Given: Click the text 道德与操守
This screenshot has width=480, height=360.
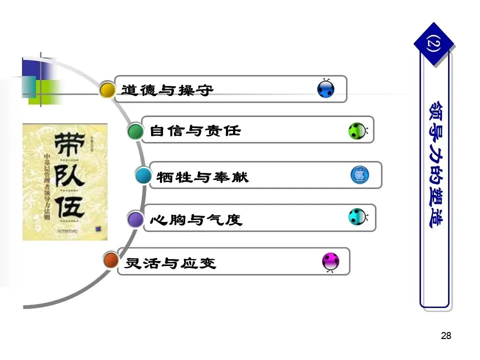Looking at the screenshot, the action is (167, 90).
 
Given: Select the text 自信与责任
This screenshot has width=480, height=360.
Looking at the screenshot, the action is (195, 131).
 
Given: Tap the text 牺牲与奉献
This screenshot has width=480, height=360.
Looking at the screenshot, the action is (202, 176).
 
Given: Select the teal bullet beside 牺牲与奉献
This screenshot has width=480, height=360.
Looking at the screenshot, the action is (143, 175).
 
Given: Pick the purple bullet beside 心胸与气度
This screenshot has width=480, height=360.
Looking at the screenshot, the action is (135, 219).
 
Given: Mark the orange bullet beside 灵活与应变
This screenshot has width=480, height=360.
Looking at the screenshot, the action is (110, 260).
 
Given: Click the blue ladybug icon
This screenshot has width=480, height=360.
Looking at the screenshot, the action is (326, 89).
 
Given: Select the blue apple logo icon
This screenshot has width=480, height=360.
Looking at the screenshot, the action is (359, 175).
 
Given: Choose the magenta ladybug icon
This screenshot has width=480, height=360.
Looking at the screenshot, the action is (330, 261).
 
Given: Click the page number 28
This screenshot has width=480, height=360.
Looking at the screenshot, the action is (446, 336).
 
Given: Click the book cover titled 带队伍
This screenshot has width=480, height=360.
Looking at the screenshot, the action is (65, 181).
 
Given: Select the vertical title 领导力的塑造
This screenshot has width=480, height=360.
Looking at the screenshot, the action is (433, 165).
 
